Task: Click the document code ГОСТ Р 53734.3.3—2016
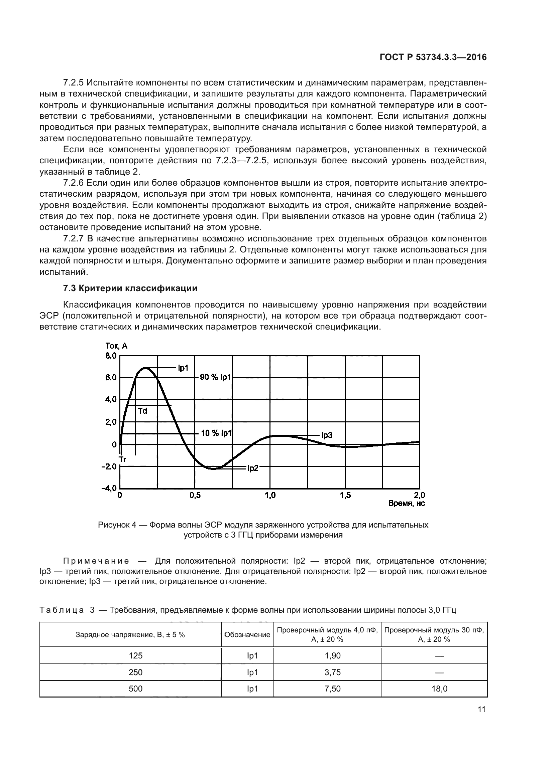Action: [x=433, y=57]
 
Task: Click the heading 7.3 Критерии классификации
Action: [x=130, y=288]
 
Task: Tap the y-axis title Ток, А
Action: [x=116, y=346]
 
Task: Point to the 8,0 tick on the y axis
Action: [x=111, y=356]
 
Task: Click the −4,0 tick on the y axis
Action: [x=109, y=489]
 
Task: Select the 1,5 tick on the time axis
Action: [x=345, y=496]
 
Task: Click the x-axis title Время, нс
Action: [x=406, y=503]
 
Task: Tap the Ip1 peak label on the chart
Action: [x=183, y=368]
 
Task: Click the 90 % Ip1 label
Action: [x=215, y=377]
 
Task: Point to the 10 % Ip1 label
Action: [x=216, y=433]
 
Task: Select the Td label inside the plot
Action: [x=142, y=411]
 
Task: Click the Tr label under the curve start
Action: [x=123, y=459]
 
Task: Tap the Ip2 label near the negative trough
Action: [x=253, y=468]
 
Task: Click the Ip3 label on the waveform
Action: [x=327, y=435]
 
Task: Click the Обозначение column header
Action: [x=247, y=634]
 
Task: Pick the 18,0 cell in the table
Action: [x=439, y=689]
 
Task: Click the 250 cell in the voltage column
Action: [x=135, y=672]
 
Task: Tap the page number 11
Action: [x=481, y=710]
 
